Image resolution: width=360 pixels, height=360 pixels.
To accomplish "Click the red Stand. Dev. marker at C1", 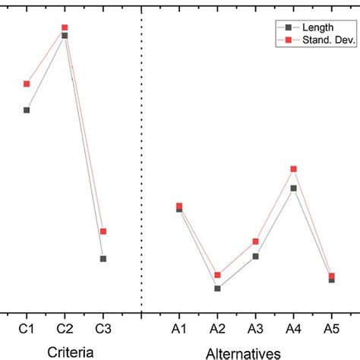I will [x=27, y=84].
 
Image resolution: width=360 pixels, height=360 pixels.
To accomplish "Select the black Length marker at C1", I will [x=27, y=110].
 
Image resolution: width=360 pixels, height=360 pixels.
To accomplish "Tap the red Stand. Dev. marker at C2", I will [x=65, y=28].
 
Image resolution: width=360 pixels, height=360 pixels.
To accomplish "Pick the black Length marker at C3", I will [x=103, y=259].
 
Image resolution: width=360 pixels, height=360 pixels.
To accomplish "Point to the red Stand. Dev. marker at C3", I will [x=103, y=231].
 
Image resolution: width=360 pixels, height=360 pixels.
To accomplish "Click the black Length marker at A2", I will [x=217, y=289].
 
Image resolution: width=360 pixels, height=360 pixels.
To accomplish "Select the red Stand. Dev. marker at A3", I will [x=255, y=242].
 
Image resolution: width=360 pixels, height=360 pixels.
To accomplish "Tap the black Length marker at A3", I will [x=255, y=257].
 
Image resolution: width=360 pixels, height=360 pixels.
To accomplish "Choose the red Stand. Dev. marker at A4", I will [x=293, y=169].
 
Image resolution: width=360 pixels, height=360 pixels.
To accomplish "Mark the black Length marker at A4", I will [x=293, y=188].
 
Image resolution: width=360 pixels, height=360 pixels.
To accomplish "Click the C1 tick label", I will [x=27, y=328].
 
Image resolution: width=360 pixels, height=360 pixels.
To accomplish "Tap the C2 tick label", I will [x=65, y=328].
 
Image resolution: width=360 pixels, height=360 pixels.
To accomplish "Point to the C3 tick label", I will [x=103, y=328].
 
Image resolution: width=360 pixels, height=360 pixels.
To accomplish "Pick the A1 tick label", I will [x=179, y=328].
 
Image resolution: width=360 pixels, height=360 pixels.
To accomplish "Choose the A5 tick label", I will [x=331, y=328].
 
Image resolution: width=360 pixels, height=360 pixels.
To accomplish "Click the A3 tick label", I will [x=255, y=328].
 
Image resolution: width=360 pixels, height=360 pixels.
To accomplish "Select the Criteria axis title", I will [x=71, y=352].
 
